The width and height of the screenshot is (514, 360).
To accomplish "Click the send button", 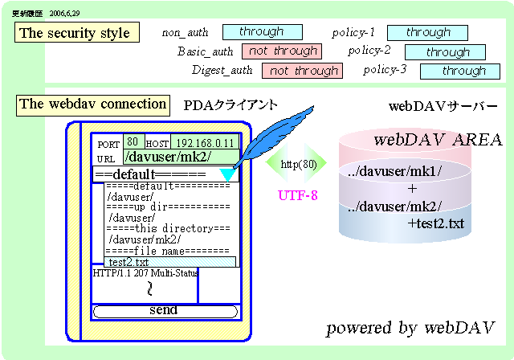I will point(165,311).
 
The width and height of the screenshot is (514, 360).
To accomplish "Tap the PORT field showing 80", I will point(133,141).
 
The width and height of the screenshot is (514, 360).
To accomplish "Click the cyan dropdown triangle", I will point(227,174).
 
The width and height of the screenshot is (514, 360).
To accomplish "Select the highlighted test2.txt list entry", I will point(169,262).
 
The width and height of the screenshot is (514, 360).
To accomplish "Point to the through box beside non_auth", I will point(262,32).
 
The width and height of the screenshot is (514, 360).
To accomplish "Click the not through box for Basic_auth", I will point(280,51).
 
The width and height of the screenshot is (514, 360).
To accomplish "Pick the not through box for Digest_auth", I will point(302,71).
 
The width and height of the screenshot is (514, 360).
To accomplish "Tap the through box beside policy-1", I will point(427,33).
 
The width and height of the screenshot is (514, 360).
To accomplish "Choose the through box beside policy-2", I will point(445,52).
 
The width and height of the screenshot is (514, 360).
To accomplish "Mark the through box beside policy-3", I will point(460,72).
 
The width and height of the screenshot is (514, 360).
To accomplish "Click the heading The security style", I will point(75,33).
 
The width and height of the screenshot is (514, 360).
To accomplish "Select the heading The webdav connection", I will point(92,104).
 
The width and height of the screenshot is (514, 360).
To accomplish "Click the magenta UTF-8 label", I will point(297,194).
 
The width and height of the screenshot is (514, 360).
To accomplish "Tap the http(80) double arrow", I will point(296,165).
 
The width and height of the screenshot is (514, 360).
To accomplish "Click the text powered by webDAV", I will point(410,328).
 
